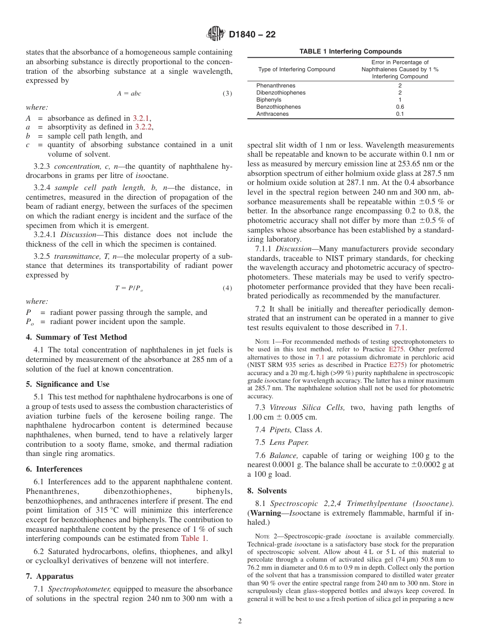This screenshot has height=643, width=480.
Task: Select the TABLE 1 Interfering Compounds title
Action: tap(351, 52)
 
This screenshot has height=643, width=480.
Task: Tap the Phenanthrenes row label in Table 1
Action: tap(276, 86)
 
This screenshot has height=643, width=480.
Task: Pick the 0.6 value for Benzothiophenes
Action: tap(400, 107)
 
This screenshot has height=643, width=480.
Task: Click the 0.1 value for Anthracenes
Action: tap(400, 114)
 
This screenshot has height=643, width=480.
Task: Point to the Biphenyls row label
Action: tap(269, 100)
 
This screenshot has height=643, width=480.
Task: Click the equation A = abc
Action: tap(129, 94)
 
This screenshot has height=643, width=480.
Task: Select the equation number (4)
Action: tap(227, 288)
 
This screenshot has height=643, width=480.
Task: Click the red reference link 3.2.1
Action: tap(141, 118)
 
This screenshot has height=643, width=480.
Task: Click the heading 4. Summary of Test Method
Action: tap(76, 337)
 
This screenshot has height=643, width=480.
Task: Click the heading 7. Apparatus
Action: tap(50, 576)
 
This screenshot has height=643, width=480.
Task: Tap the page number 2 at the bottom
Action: tap(240, 621)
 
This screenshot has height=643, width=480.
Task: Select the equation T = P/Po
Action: tap(129, 288)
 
